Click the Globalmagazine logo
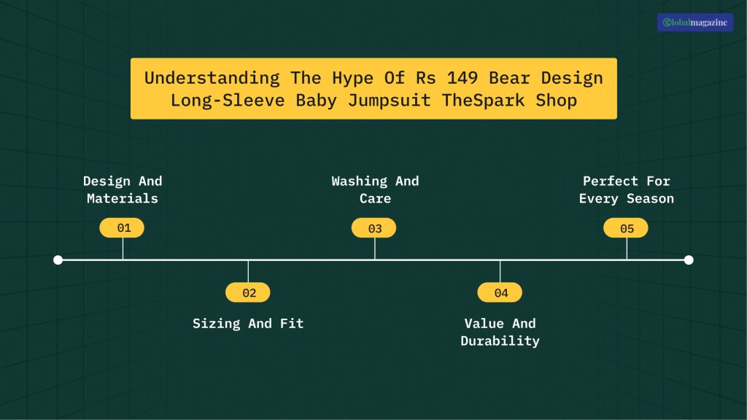[695, 23]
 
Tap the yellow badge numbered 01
[123, 228]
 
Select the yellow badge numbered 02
[248, 292]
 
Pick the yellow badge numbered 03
[374, 228]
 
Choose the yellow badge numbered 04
[500, 292]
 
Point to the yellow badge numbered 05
[627, 228]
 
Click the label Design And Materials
[123, 190]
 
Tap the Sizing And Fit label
[248, 324]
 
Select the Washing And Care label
[375, 190]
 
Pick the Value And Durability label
[500, 332]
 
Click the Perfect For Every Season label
[627, 190]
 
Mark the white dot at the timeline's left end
[58, 260]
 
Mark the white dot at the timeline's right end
[689, 260]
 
